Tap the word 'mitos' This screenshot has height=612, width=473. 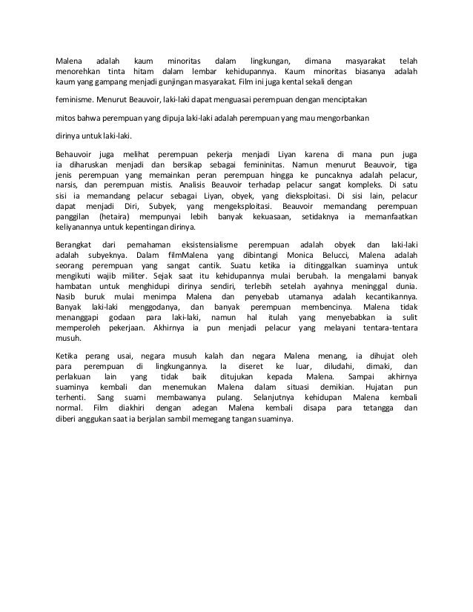point(67,117)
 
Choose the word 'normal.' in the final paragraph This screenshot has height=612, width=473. point(73,406)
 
